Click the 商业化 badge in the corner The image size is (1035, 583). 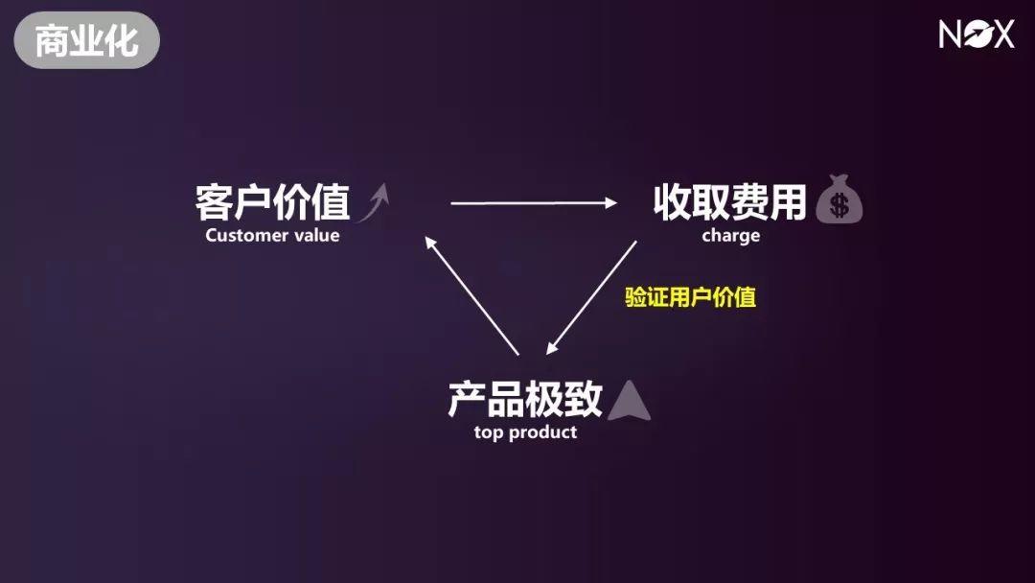[86, 40]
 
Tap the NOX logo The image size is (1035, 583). [976, 35]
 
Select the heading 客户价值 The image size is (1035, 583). [272, 203]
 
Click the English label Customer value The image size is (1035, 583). [272, 235]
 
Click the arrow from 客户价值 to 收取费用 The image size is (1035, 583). [534, 202]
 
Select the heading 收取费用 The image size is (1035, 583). [730, 202]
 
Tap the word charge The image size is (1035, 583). [730, 235]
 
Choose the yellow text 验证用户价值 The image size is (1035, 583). [691, 297]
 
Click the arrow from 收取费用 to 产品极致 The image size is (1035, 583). [589, 298]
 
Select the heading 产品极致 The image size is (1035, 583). [525, 399]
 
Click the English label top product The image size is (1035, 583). [525, 432]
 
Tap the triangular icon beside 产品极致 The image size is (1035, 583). [629, 401]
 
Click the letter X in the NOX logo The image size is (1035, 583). [1001, 35]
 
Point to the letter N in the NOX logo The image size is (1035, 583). [951, 35]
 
